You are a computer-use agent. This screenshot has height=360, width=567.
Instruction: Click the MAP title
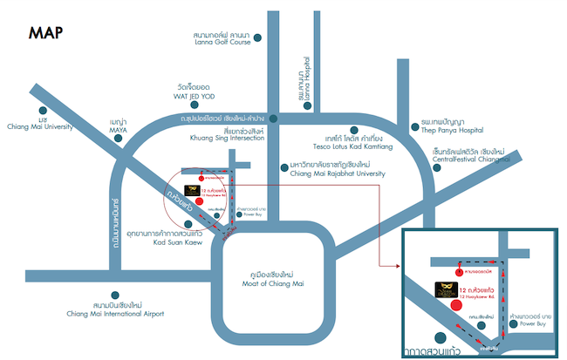pos(45,32)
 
